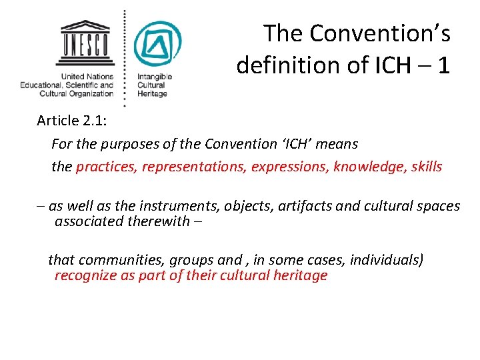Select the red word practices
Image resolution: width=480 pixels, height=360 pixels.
[106, 166]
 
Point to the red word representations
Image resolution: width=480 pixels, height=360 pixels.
[193, 166]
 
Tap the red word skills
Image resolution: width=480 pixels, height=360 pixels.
[427, 166]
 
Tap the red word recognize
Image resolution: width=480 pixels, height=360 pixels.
[84, 275]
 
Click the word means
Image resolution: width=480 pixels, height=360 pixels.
[337, 144]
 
